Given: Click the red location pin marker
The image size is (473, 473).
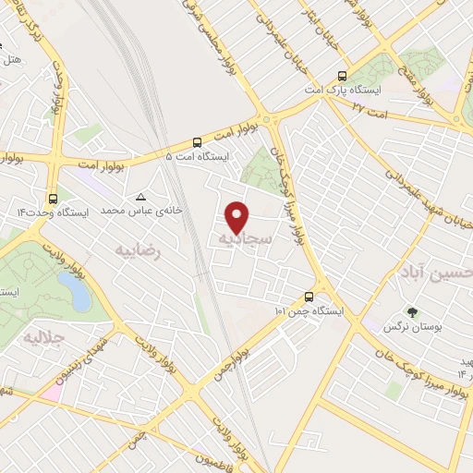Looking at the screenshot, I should [x=238, y=216].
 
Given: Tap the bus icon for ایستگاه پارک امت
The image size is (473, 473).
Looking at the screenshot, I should [x=343, y=77].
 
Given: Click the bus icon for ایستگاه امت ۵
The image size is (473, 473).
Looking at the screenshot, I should [x=197, y=142].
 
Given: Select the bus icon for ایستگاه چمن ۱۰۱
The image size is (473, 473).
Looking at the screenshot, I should [x=309, y=297].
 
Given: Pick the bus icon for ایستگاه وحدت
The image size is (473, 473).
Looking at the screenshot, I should [x=52, y=197].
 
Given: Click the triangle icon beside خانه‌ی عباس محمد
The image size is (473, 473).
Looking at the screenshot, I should [x=140, y=197].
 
